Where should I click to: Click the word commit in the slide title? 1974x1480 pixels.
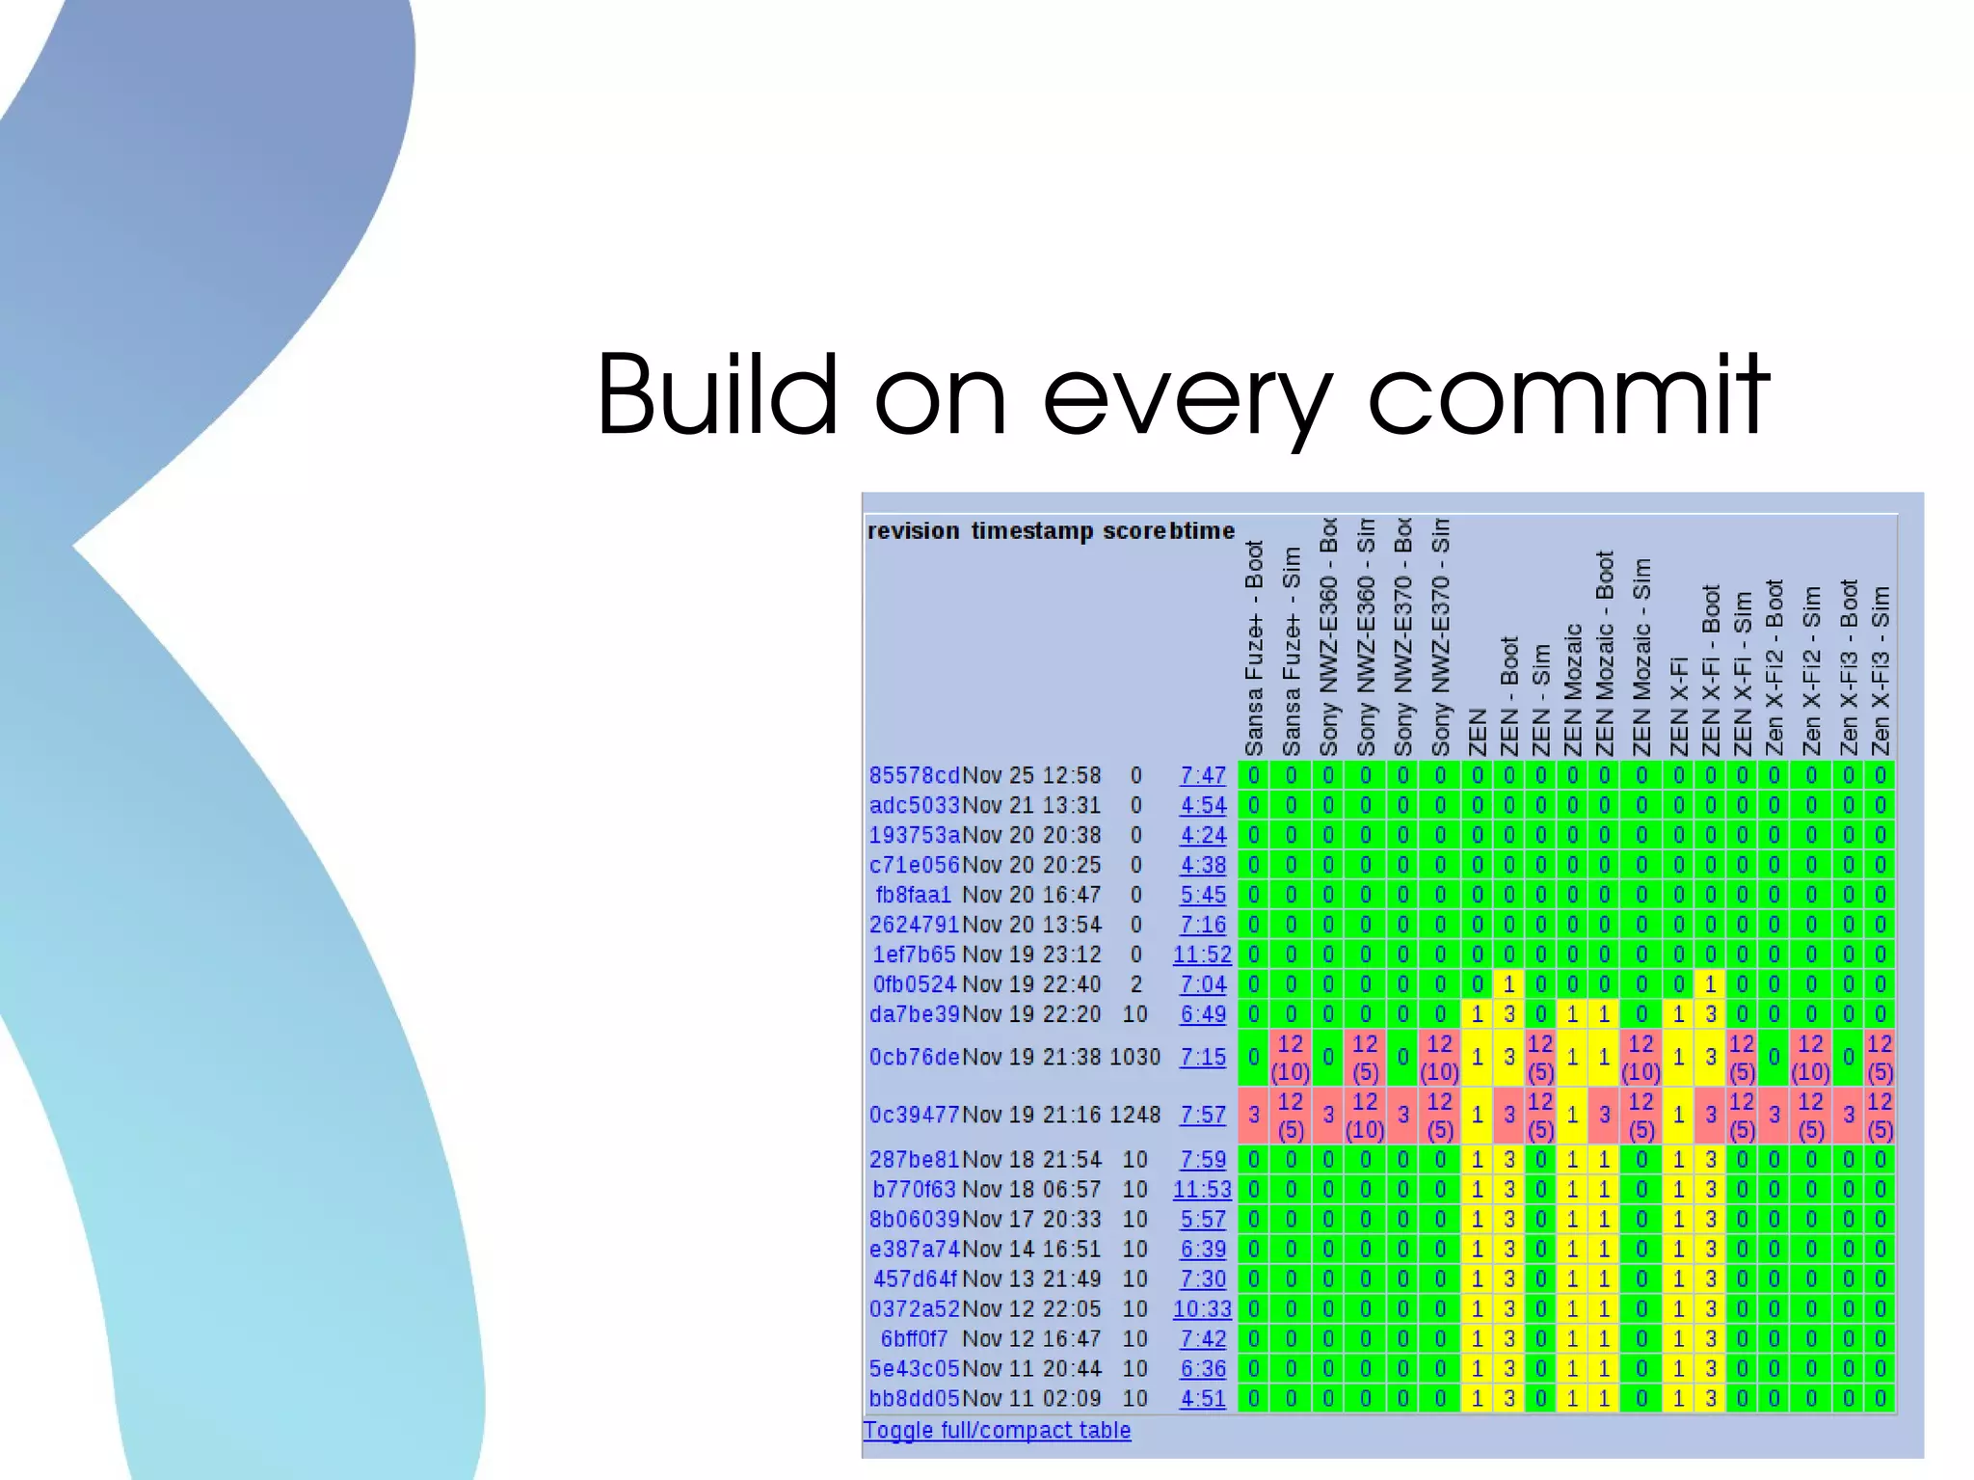pyautogui.click(x=1568, y=395)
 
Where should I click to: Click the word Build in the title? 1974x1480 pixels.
pyautogui.click(x=717, y=395)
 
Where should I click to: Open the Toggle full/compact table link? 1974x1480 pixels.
pyautogui.click(x=997, y=1430)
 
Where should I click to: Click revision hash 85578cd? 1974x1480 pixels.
pyautogui.click(x=914, y=776)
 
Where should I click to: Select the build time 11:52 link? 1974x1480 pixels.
pyautogui.click(x=1202, y=955)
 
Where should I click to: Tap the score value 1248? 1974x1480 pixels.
pyautogui.click(x=1134, y=1115)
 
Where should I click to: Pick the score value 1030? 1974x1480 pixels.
pyautogui.click(x=1134, y=1057)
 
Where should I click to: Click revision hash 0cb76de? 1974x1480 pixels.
pyautogui.click(x=914, y=1057)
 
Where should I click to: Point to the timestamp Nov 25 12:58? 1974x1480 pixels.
pyautogui.click(x=1031, y=776)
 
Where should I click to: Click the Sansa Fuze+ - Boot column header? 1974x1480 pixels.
pyautogui.click(x=1253, y=649)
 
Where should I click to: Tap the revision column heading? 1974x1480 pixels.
pyautogui.click(x=913, y=531)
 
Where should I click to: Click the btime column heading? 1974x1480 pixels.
pyautogui.click(x=1202, y=531)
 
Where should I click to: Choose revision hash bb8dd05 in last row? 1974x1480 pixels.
pyautogui.click(x=914, y=1398)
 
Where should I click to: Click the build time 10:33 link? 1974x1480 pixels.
pyautogui.click(x=1202, y=1309)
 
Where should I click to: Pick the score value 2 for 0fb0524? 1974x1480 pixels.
pyautogui.click(x=1135, y=984)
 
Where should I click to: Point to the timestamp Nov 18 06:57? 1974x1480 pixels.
pyautogui.click(x=1031, y=1190)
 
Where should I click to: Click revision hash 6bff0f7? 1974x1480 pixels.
pyautogui.click(x=914, y=1339)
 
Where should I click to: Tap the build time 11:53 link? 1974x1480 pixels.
pyautogui.click(x=1202, y=1190)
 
